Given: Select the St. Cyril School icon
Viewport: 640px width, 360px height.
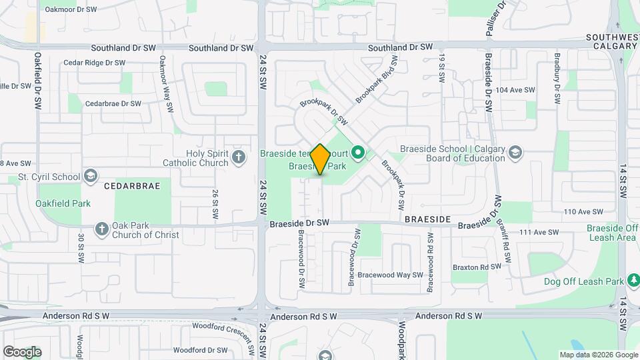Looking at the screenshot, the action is click(x=89, y=176).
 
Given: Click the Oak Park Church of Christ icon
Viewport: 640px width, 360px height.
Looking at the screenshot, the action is click(x=102, y=229).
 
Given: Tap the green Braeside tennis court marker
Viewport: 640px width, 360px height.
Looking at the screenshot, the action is click(x=358, y=153).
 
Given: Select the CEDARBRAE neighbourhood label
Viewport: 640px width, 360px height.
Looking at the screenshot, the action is click(x=132, y=187).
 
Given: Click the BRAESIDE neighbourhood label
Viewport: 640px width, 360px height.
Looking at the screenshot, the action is click(x=428, y=219).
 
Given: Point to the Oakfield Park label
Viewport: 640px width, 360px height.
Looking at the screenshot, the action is click(x=63, y=203).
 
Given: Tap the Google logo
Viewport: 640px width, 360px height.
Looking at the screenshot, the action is click(x=22, y=351).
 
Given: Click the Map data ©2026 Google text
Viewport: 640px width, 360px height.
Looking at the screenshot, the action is click(x=599, y=355).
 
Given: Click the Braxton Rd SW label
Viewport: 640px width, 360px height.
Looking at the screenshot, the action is click(x=477, y=267).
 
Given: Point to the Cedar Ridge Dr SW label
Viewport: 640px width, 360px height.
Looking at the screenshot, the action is click(x=94, y=63).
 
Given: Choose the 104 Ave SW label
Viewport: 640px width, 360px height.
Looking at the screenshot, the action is click(x=516, y=90).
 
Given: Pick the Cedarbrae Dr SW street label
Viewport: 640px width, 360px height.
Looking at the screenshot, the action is click(x=113, y=104).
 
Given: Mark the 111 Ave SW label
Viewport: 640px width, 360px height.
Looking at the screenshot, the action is click(x=538, y=232).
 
